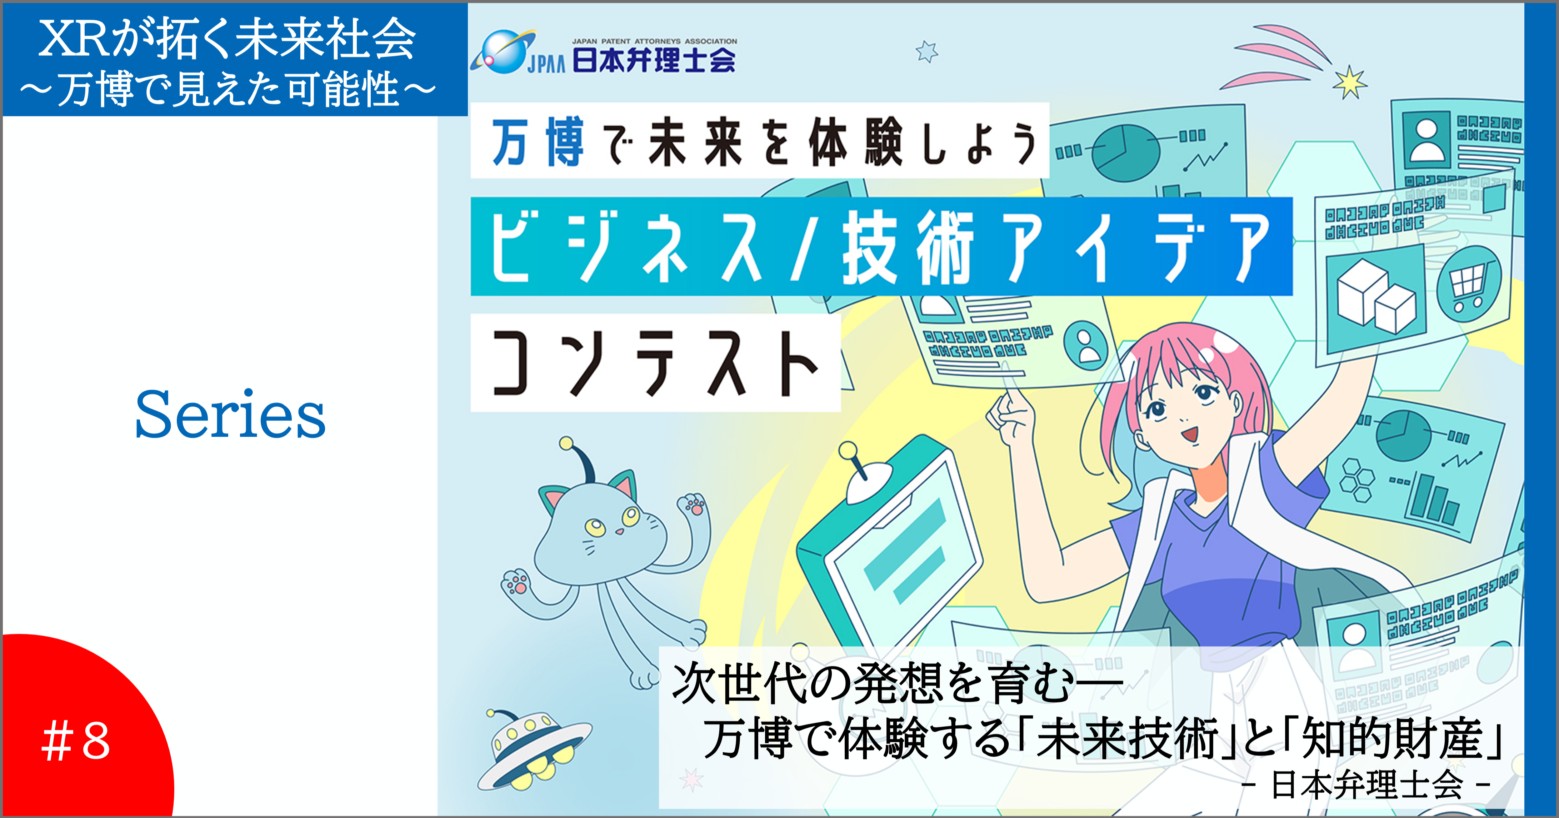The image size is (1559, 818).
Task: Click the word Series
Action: (x=230, y=415)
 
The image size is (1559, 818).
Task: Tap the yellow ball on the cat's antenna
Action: (x=566, y=443)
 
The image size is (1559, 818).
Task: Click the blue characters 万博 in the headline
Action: (x=538, y=142)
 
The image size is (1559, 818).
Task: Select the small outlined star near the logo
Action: (x=926, y=52)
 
